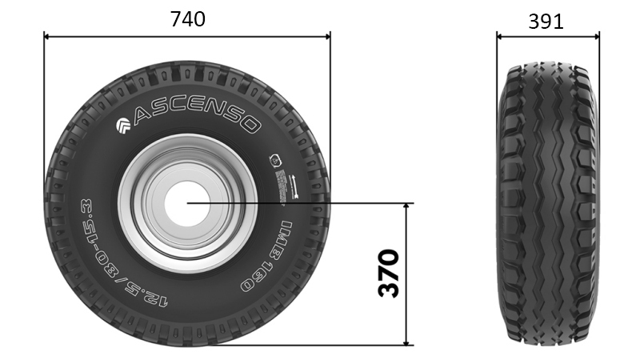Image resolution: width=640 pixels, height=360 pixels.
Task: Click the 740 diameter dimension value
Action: [x=187, y=19]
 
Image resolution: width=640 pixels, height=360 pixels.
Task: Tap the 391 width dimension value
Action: [x=546, y=22]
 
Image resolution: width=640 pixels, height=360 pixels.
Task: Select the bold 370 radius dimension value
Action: [x=388, y=273]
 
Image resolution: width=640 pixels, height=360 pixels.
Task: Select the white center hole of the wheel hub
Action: [x=187, y=203]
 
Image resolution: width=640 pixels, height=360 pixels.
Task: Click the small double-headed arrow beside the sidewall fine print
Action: [x=294, y=185]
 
